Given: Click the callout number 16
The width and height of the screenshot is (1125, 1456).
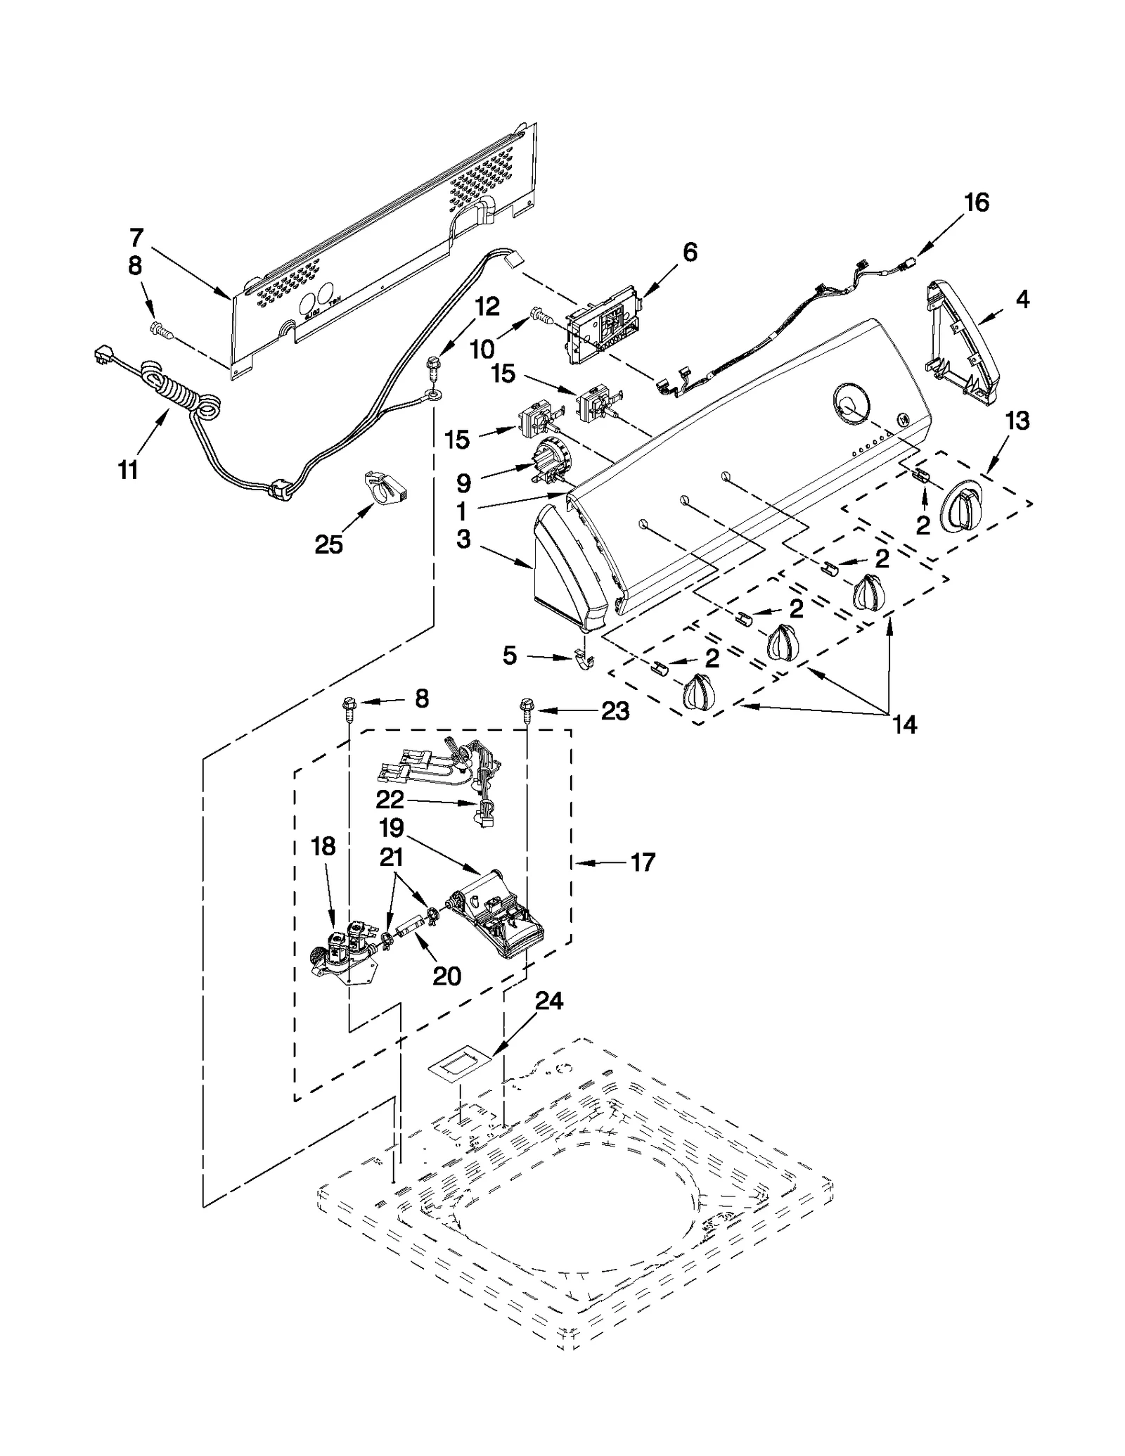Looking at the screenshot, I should tap(977, 203).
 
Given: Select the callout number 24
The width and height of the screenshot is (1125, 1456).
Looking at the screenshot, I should tap(549, 1000).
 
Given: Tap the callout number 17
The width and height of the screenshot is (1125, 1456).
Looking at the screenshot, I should tap(643, 862).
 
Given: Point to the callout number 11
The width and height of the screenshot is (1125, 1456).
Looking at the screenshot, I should tap(128, 469).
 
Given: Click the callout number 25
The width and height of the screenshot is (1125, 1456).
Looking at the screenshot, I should tap(328, 544).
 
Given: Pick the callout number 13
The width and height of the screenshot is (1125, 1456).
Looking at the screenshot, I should tap(1017, 421).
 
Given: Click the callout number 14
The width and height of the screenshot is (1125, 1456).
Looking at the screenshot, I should tap(904, 724).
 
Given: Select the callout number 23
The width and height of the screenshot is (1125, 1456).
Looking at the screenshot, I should tap(615, 711).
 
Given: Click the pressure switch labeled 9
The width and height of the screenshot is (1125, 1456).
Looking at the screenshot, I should tap(551, 461).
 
